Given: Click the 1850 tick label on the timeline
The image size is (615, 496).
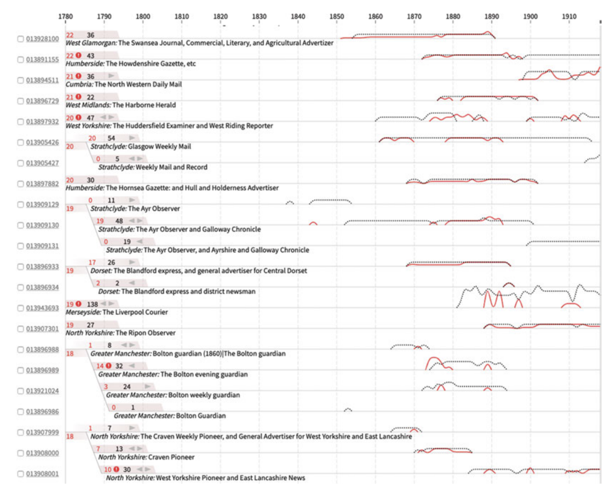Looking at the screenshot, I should click(337, 16).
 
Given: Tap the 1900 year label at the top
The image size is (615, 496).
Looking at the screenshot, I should click(531, 16).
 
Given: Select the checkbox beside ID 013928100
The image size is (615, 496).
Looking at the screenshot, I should click(20, 39).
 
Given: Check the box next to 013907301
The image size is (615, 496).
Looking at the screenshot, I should click(20, 329).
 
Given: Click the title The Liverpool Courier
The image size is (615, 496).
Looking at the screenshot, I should click(135, 312).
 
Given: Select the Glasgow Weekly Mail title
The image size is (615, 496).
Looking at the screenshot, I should click(160, 146).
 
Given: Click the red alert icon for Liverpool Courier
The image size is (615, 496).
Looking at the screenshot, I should click(78, 304).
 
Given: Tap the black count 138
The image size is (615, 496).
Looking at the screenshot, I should click(92, 304).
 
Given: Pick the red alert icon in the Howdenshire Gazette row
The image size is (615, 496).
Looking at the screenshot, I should click(78, 56).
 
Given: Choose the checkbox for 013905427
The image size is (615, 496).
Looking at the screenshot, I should click(20, 163).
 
